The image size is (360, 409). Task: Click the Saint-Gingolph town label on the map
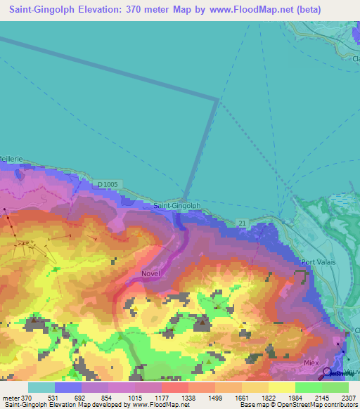point(177,206)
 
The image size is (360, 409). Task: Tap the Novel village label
point(151,273)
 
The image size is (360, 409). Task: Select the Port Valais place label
point(318,262)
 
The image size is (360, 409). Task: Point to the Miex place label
point(311,362)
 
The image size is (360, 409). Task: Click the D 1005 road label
point(109,184)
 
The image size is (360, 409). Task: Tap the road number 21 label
point(241,223)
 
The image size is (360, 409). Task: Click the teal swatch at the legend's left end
point(41,387)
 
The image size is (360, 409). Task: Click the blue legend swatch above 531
point(67,387)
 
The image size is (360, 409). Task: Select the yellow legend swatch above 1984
point(281,387)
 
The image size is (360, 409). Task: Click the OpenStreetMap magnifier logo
point(327,372)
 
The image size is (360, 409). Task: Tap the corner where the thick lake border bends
point(218,100)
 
